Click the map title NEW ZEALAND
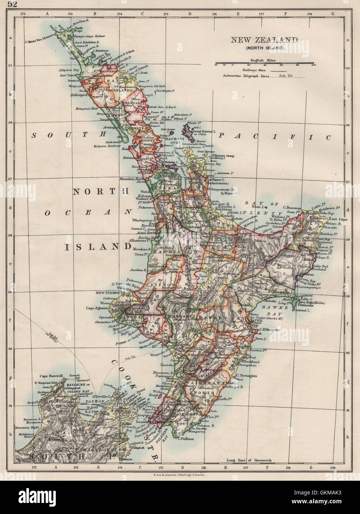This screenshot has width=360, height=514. click(265, 40)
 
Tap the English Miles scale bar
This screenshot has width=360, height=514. click(264, 63)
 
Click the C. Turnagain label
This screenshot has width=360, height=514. click(245, 375)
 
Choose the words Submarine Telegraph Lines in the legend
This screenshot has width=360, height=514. click(245, 76)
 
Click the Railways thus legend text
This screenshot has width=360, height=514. click(254, 70)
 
